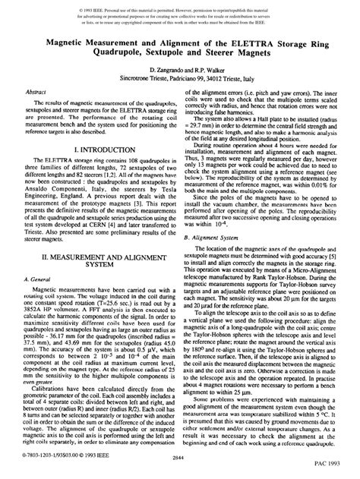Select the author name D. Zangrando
(156, 68)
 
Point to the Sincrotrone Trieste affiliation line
(179, 77)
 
